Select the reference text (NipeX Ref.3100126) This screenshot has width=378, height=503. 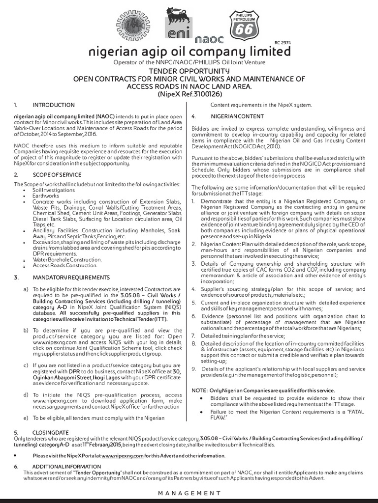click(x=189, y=93)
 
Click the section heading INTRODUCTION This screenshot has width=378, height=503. click(x=54, y=105)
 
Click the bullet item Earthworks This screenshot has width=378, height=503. click(x=46, y=195)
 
